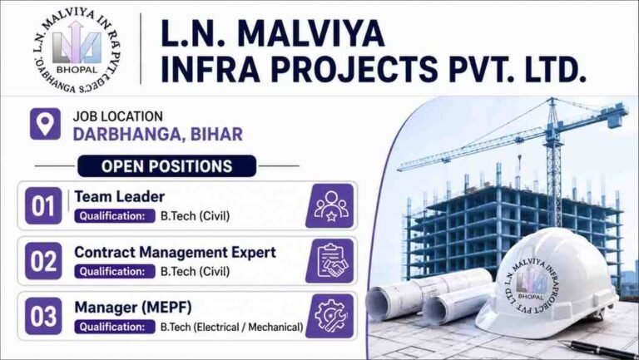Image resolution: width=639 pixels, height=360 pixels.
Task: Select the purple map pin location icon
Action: [x=45, y=123]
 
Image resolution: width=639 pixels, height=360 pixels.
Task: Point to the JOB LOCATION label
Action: [x=117, y=116]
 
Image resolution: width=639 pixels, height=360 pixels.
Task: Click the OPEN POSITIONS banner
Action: [x=166, y=166]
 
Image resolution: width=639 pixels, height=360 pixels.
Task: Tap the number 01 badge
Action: [x=42, y=205]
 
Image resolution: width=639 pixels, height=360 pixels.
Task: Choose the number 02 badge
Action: [x=42, y=260]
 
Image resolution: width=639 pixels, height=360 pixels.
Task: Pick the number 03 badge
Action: [x=42, y=316]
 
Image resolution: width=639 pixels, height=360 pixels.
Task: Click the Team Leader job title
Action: [x=119, y=197]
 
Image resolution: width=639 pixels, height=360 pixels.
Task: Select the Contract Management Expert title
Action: [x=175, y=252]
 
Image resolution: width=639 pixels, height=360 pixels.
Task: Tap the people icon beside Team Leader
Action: [x=330, y=205]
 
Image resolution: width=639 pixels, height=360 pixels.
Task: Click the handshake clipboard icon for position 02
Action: [x=330, y=260]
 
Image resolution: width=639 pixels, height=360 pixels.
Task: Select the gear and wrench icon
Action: [x=330, y=316]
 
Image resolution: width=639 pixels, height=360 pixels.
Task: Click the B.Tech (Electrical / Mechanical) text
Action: [x=231, y=327]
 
